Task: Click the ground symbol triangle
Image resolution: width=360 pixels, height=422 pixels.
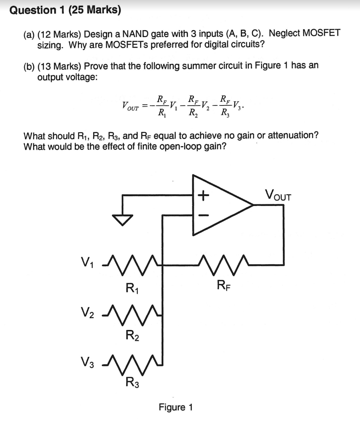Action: pos(122,220)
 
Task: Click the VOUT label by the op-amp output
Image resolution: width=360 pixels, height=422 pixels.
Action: pos(278,194)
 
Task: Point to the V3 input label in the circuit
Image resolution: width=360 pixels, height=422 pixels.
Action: pos(87,363)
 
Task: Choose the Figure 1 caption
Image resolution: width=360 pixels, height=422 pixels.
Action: pos(176,407)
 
